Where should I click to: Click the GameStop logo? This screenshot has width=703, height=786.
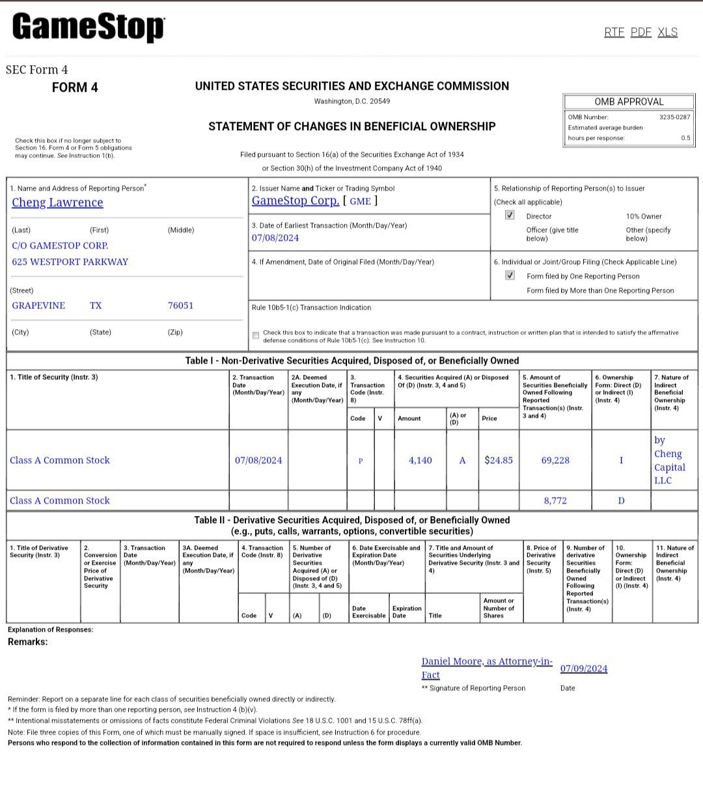(88, 28)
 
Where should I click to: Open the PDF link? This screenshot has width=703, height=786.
(641, 32)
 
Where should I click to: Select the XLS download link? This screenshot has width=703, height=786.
(667, 32)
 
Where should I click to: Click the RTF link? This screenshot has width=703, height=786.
(614, 32)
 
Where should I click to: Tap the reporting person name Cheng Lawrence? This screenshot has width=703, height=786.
(57, 202)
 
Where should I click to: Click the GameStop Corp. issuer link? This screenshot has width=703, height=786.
(295, 200)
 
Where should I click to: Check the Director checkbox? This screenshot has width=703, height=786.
(510, 215)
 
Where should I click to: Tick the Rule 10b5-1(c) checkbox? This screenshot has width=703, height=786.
(256, 336)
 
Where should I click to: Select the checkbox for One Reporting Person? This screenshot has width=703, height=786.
(510, 275)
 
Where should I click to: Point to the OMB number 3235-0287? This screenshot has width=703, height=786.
(674, 117)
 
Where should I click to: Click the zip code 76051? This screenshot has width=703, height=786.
(180, 305)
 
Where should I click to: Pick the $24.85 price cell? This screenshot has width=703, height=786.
(499, 460)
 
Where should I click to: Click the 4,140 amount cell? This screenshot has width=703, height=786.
(420, 460)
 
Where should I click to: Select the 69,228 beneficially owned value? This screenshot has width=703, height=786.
(555, 460)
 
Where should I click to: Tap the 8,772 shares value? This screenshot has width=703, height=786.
(555, 500)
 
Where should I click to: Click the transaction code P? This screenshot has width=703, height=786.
(361, 461)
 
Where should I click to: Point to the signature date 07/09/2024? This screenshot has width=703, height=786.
(584, 668)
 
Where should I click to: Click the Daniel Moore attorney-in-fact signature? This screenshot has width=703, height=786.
(486, 668)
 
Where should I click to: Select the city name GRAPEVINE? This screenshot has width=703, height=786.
(38, 305)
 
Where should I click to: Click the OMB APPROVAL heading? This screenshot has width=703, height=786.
(629, 102)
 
